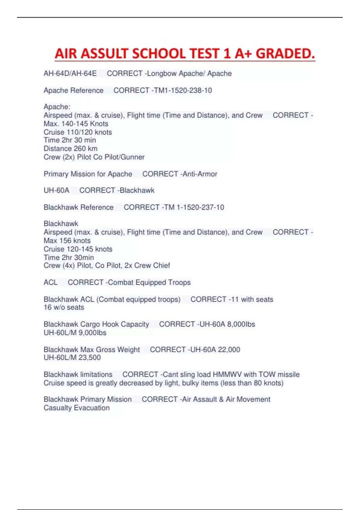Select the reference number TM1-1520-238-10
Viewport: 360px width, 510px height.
(x=183, y=90)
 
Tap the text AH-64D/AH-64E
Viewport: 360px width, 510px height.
(x=70, y=73)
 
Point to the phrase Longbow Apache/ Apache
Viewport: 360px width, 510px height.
(x=189, y=73)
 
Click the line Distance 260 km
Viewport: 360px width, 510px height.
(x=70, y=148)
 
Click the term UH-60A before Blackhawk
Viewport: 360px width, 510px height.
(x=56, y=190)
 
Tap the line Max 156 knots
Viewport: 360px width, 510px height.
(x=67, y=241)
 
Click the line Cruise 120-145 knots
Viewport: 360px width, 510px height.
(x=78, y=249)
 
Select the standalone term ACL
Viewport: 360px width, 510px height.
(x=50, y=282)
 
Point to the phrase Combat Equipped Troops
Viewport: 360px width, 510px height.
(x=149, y=282)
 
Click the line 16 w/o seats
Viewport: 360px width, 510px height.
(x=64, y=307)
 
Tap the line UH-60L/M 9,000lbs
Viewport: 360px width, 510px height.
(x=75, y=333)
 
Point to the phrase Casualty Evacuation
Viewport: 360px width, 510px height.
(x=76, y=408)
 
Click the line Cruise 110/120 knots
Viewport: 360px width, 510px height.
(x=78, y=132)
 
